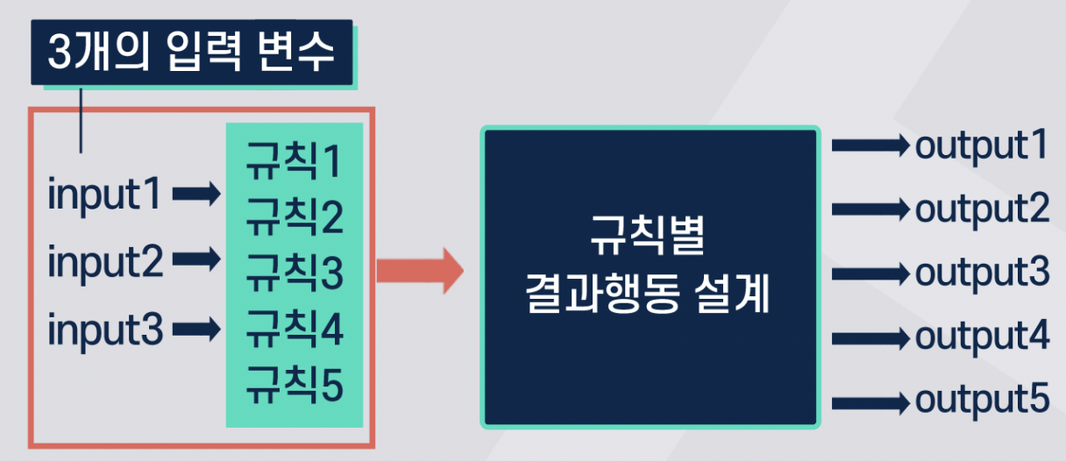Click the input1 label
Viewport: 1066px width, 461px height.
tap(105, 195)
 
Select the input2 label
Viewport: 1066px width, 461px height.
tap(105, 261)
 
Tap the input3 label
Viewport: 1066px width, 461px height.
tap(105, 330)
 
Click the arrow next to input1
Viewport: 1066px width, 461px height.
tap(196, 194)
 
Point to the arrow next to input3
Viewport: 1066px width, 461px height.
tap(196, 330)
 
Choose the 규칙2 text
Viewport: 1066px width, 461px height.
tap(293, 217)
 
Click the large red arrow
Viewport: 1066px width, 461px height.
tap(419, 270)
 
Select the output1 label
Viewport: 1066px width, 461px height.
tap(982, 146)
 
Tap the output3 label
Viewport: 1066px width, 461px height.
tap(982, 273)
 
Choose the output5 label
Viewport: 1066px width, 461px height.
tap(982, 401)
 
